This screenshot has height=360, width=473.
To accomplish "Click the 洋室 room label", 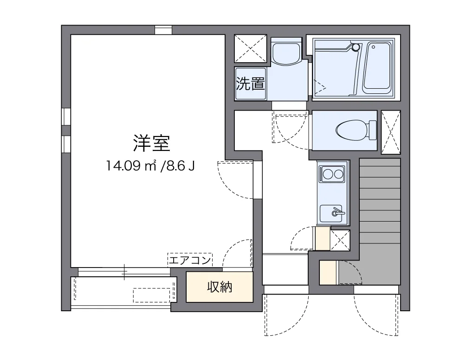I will pyautogui.click(x=152, y=144).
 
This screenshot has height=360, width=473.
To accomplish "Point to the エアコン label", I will pyautogui.click(x=190, y=260).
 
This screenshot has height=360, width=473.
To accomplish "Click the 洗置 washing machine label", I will pyautogui.click(x=251, y=84).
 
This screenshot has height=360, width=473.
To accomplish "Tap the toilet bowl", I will pyautogui.click(x=350, y=131).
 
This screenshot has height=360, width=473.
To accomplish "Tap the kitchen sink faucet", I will pyautogui.click(x=337, y=213).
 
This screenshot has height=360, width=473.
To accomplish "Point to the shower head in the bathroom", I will pyautogui.click(x=356, y=47).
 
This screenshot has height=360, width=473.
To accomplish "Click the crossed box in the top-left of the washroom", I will pyautogui.click(x=250, y=48).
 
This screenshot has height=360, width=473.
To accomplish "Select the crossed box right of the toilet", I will pyautogui.click(x=390, y=132).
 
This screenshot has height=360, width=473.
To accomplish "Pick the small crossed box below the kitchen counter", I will pyautogui.click(x=340, y=240).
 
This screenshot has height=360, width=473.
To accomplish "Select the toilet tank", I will pyautogui.click(x=372, y=131).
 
